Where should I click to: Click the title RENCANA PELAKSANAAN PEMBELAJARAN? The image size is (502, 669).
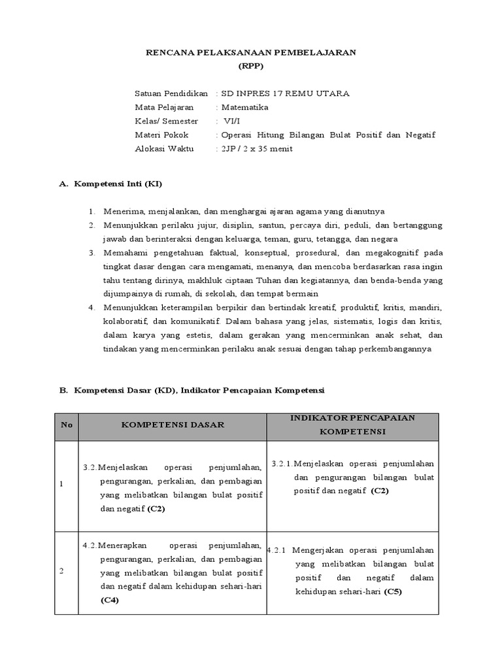tap(250, 53)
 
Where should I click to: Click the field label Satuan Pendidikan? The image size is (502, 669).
tap(171, 93)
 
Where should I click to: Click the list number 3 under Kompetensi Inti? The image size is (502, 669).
tap(93, 252)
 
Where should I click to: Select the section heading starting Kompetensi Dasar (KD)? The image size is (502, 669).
tap(199, 390)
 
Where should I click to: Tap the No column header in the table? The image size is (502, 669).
tap(66, 425)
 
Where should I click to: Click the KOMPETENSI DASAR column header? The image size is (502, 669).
tap(173, 425)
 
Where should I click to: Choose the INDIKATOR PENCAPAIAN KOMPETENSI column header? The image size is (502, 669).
tap(353, 425)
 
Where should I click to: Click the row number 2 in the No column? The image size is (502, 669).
tap(61, 571)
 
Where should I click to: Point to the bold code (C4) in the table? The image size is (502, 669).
tap(110, 600)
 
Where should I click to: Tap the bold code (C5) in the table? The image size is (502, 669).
tap(393, 592)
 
